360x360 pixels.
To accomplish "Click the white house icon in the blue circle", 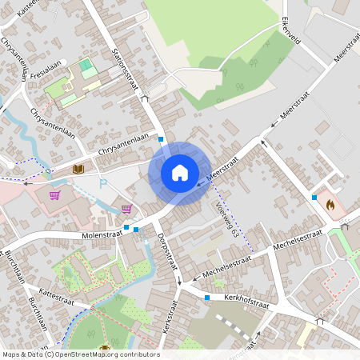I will coord(179,172).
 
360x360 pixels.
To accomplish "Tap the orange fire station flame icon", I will coord(329,205).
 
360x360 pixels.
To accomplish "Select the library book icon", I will coord(78,169).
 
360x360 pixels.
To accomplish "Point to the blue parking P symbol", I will coord(102,184).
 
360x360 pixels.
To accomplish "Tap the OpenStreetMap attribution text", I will coord(79,354).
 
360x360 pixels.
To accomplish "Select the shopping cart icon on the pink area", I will coord(55,194).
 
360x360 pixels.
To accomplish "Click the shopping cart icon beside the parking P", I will coord(126,209).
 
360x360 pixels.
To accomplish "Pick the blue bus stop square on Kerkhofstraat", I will coord(207,298).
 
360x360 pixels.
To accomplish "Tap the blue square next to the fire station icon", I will coord(315,197).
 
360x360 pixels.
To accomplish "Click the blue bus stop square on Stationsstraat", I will coord(161,139).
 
